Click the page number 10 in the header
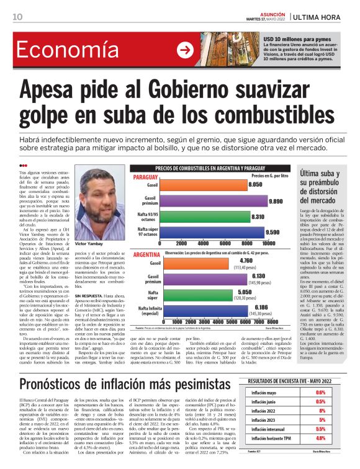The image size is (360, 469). coord(17,17)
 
